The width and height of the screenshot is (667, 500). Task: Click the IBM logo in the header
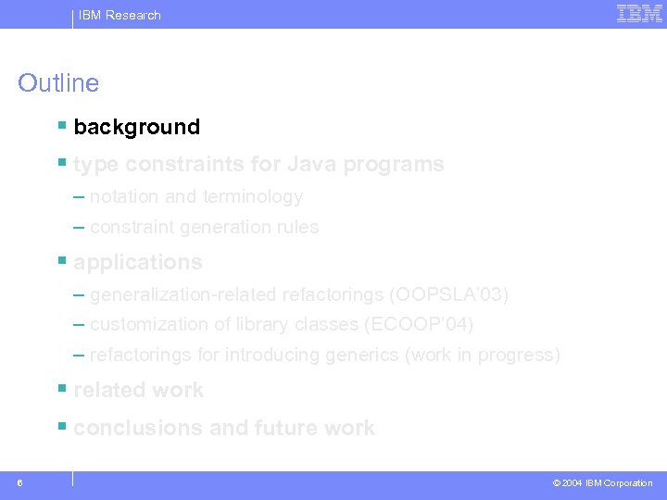point(639,14)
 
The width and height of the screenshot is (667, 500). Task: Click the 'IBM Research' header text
point(120,15)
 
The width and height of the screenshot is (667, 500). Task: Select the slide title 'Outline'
point(58,83)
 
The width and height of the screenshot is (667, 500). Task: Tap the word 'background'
point(136,127)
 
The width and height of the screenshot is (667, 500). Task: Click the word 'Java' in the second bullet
point(312,165)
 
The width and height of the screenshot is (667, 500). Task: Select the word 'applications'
point(137,263)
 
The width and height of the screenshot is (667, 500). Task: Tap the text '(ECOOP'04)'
point(421,325)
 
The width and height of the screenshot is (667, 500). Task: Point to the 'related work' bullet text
point(138,391)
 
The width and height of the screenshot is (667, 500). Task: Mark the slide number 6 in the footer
point(20,482)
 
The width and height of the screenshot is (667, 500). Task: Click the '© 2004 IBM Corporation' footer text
point(602,483)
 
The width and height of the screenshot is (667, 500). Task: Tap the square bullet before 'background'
point(61,125)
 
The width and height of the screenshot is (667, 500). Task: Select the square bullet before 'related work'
point(61,389)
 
